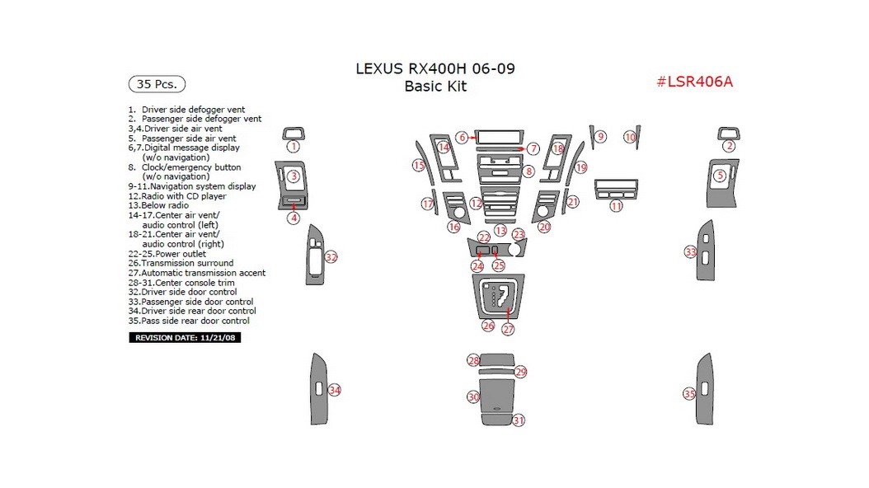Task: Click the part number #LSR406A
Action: coord(694,82)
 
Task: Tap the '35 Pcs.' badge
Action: coord(157,84)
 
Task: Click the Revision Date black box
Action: coord(186,338)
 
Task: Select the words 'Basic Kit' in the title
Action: coord(435,87)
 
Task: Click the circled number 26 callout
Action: coord(488,326)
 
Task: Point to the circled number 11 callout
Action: coord(616,206)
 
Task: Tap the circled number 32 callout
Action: coord(331,257)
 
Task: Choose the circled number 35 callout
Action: coord(689,394)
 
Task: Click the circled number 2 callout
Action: coord(729,147)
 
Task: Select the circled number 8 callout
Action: coord(528,171)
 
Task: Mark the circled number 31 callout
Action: coord(519,420)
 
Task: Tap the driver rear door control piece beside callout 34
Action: coord(317,389)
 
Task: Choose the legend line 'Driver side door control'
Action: coord(189,292)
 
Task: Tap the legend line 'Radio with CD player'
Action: coord(183,196)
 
